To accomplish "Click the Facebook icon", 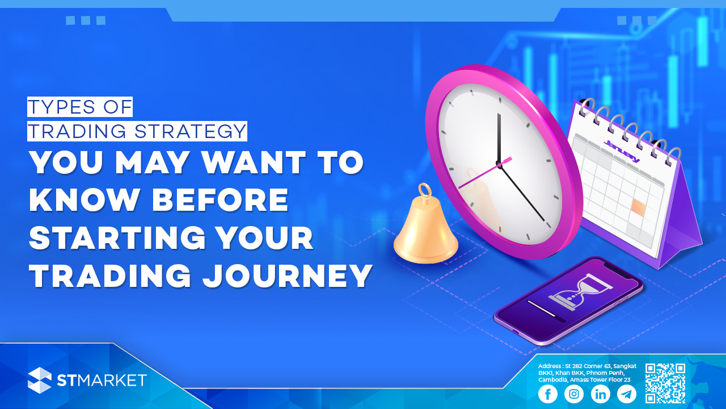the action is point(548,394).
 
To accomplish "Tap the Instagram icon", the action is point(574,394).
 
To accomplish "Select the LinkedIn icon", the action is point(600,394).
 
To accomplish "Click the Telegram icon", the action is point(627,394).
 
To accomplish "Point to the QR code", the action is point(665,383).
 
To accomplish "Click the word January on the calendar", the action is point(622,151).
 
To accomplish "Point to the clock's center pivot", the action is point(499,165).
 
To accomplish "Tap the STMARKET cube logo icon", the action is point(40,380).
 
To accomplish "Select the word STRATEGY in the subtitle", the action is point(190,131).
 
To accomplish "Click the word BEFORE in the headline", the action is point(220,200).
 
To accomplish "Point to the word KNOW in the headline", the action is point(85,200).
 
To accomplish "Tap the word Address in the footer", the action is point(550,366).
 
